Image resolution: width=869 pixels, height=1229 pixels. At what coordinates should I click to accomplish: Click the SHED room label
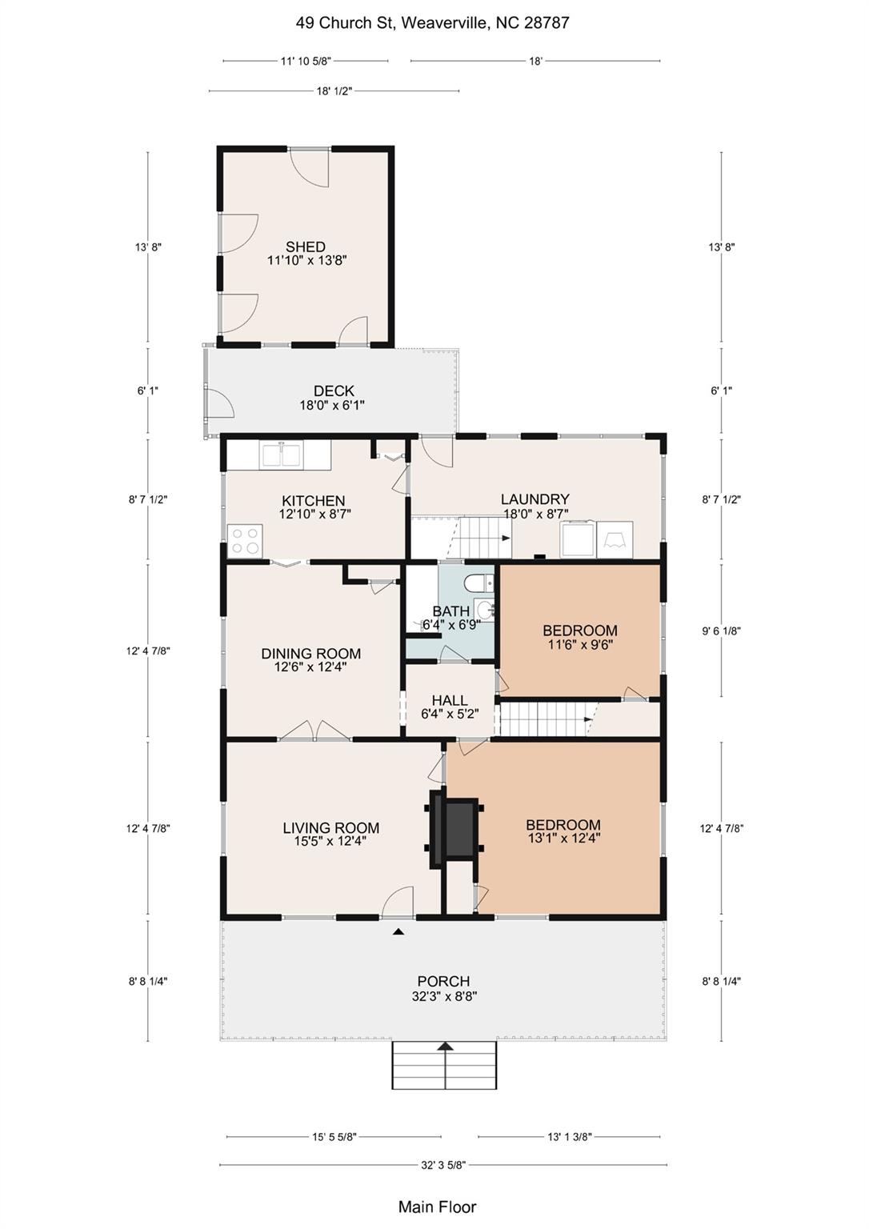click(306, 246)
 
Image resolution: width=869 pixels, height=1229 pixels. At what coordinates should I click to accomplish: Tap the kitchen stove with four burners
click(245, 541)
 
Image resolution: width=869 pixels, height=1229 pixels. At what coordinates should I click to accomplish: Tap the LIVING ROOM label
click(330, 827)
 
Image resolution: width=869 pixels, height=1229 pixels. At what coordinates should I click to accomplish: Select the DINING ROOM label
click(311, 654)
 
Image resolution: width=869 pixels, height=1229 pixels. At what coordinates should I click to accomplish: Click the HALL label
click(450, 700)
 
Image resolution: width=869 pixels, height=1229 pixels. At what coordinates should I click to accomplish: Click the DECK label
click(334, 390)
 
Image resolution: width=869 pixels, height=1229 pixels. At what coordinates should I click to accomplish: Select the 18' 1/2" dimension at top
click(334, 91)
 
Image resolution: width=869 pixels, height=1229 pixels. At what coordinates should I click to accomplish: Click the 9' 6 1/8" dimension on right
click(722, 631)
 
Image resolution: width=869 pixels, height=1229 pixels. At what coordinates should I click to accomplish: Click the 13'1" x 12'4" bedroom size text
click(563, 838)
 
